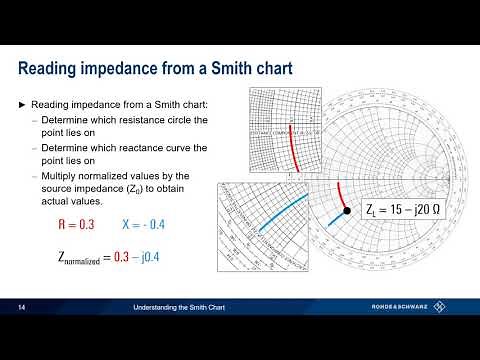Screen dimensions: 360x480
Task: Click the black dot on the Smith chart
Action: click(346, 210)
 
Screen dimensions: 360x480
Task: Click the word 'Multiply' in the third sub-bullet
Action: click(61, 175)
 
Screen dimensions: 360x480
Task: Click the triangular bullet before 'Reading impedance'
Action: click(23, 104)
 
